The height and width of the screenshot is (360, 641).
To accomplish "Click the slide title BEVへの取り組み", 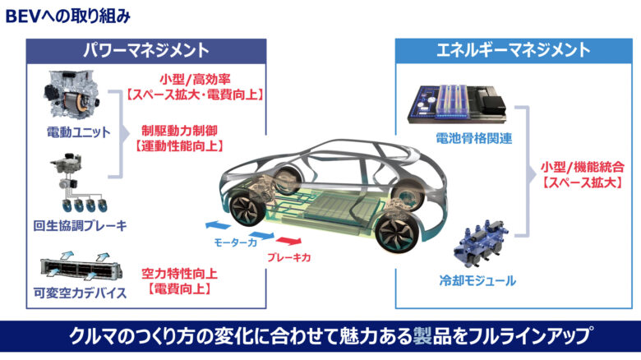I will tap(67, 15).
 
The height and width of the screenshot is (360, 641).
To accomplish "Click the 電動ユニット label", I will tap(79, 132).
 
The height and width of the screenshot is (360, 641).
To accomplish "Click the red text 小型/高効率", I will tap(195, 80).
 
